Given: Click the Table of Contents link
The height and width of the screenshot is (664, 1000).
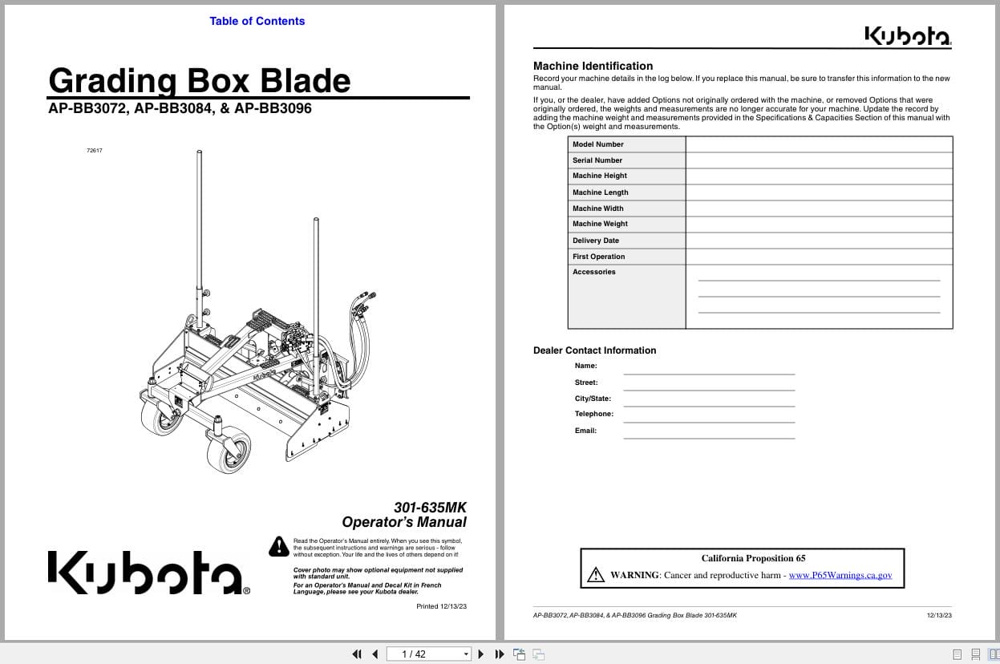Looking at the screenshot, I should [257, 22].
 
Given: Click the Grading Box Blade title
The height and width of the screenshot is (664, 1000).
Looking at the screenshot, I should [199, 81].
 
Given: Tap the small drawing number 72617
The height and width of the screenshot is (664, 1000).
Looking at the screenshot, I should [94, 151].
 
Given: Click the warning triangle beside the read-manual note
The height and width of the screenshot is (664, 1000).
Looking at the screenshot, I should [278, 546].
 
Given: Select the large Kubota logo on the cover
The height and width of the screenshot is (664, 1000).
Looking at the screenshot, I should [149, 573].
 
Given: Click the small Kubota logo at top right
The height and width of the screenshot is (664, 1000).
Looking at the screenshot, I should [907, 37].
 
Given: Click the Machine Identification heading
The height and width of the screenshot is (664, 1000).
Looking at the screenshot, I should [593, 66].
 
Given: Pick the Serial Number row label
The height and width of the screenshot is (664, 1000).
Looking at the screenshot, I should [597, 160].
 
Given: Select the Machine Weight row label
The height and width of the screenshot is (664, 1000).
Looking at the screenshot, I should [600, 224].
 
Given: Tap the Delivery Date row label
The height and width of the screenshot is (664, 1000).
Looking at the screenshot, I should [595, 241].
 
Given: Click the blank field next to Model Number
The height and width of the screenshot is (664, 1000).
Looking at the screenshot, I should [818, 144].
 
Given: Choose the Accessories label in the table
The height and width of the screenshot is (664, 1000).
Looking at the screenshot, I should [593, 272].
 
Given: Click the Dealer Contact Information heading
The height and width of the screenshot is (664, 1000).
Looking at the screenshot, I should [594, 350].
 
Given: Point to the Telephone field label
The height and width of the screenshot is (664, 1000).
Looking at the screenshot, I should [593, 414].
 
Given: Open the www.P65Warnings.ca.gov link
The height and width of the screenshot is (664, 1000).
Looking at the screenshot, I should [840, 575].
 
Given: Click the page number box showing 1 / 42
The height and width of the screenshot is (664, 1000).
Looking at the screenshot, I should [429, 654].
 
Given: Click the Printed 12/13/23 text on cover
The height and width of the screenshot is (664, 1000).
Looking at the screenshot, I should [441, 606].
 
